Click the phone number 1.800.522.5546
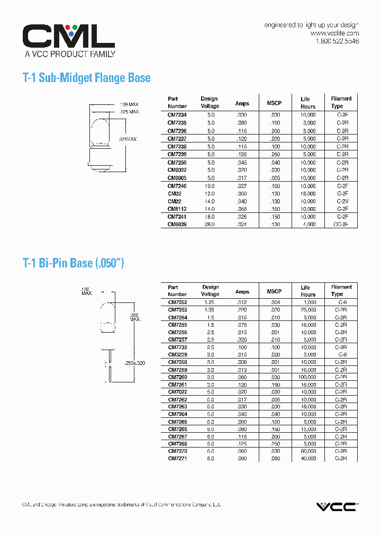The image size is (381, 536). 337,41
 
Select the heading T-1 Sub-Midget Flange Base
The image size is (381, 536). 87,78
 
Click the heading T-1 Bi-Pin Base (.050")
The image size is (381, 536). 74,263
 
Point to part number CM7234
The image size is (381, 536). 177,115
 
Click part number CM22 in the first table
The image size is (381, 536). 174,201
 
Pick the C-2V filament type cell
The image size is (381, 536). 342,201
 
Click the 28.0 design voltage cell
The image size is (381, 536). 210,225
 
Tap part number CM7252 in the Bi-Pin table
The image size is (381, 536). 177,302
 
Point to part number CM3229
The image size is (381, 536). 177,354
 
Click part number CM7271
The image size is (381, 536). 177,459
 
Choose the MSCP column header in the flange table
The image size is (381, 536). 275,103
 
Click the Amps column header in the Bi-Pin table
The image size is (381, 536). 242,291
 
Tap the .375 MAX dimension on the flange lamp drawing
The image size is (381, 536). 128,139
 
